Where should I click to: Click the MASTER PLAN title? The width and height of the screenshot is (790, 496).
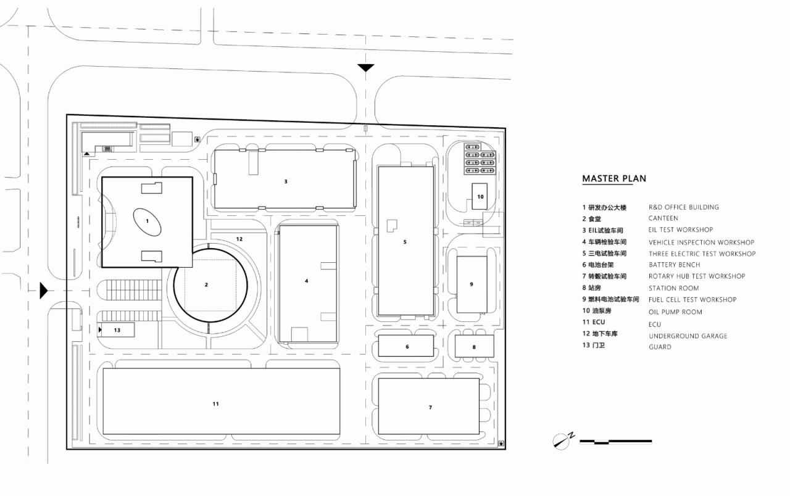614,179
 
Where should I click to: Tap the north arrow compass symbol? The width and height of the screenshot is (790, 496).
562,440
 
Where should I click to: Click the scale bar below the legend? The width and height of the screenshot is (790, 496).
615,442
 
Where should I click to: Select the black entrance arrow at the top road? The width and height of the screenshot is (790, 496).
366,68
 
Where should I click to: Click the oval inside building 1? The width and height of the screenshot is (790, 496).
148,221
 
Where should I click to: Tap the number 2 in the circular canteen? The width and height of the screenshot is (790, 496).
206,284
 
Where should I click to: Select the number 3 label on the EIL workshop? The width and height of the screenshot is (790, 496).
286,181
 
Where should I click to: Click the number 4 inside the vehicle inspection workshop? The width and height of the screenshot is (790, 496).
306,281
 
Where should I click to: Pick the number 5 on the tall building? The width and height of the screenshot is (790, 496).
405,242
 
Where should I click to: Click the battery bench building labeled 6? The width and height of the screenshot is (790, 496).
407,346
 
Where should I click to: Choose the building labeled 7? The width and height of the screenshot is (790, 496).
429,407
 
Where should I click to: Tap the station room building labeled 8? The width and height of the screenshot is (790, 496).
474,346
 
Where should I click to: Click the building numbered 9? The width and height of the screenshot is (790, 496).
472,284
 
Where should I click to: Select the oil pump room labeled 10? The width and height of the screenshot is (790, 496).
480,197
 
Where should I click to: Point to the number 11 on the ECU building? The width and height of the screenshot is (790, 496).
215,404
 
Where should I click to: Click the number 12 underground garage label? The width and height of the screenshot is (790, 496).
239,239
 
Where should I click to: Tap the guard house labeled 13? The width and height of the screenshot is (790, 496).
117,330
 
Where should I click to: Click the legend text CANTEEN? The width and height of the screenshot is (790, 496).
663,218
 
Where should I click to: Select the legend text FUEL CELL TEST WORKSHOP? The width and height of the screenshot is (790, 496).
692,300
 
